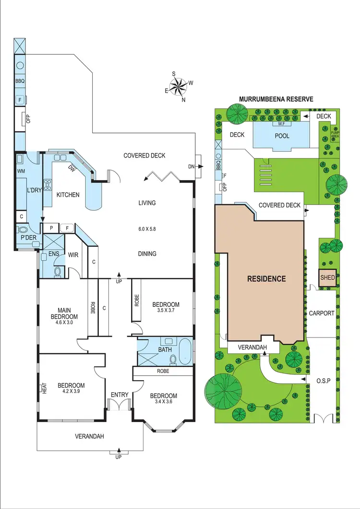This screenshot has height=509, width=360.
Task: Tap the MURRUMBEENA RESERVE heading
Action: pos(276,99)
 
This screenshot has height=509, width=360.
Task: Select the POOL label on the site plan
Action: pos(282,136)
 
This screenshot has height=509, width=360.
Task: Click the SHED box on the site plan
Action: pos(327,278)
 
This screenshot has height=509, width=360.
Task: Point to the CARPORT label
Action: pos(321,313)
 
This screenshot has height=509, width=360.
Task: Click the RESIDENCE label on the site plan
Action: pos(266,279)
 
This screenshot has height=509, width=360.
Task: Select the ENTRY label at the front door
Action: pos(120,395)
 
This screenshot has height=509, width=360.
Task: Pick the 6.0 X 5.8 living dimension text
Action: pos(147,229)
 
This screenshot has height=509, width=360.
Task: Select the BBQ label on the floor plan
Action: pos(20,82)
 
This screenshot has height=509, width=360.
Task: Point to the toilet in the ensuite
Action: pos(58,272)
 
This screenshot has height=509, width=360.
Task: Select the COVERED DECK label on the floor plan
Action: pos(144,155)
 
